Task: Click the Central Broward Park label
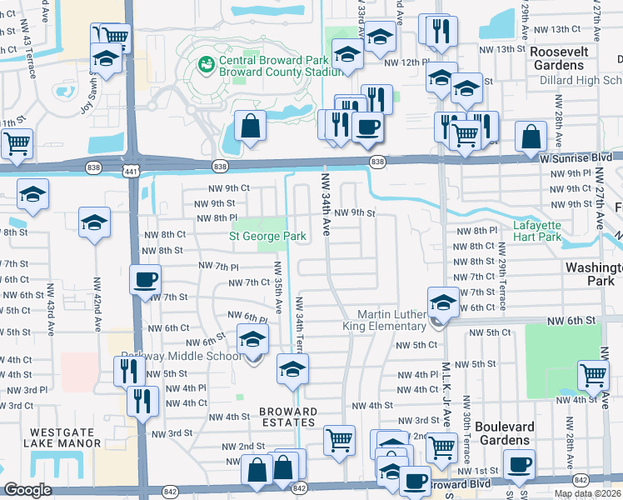265,61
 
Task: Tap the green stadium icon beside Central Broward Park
205,62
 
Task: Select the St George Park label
267,236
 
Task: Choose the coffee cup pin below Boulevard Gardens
519,462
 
